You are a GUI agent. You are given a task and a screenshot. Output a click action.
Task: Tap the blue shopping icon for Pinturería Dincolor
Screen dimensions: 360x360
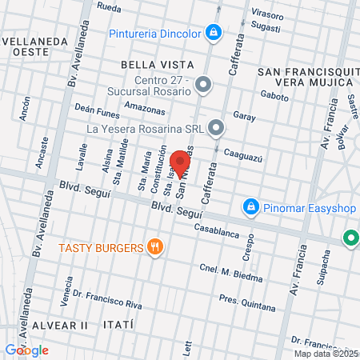[x=213, y=33]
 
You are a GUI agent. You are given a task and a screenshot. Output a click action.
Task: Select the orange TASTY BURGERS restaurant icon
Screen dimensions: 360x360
[x=156, y=248]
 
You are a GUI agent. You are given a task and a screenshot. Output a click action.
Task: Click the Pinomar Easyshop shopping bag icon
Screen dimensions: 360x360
[x=251, y=207]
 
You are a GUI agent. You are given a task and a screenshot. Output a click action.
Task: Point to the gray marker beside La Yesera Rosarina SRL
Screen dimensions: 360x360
[x=216, y=127]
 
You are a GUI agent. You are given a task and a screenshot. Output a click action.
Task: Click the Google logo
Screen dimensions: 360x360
[x=26, y=350]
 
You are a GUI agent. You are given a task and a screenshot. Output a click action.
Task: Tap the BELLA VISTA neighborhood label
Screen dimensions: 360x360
[x=157, y=63]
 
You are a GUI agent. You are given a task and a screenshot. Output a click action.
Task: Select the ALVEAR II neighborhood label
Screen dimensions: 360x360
[x=61, y=326]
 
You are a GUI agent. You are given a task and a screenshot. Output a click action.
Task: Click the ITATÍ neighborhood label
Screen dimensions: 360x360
[x=117, y=326]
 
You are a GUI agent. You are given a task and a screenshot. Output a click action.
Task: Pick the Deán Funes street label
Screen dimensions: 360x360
[x=96, y=110]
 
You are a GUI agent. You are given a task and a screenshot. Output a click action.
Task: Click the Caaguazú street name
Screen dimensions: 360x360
[x=243, y=154]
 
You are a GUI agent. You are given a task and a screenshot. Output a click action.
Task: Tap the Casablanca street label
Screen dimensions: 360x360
[x=216, y=230]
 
